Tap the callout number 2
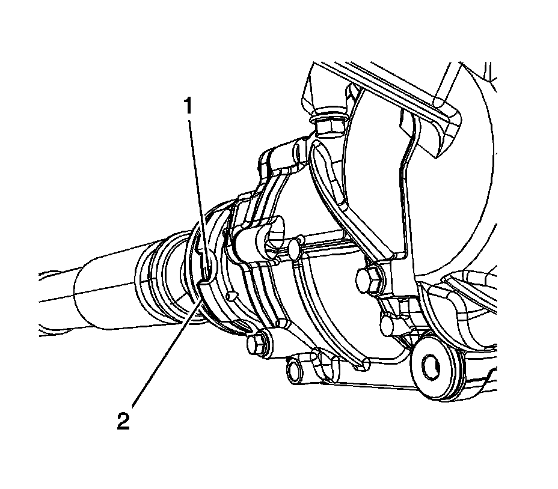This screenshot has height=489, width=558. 123,421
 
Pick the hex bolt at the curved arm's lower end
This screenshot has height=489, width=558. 367,279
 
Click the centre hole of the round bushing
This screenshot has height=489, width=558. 431,365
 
